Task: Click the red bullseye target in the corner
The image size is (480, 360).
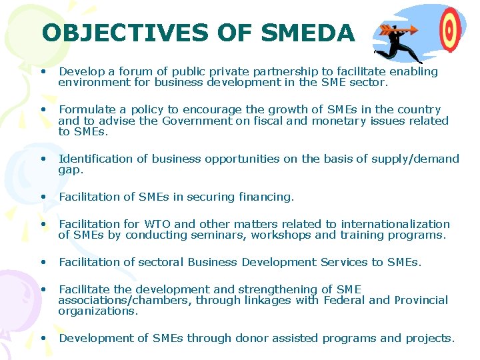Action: pos(451,29)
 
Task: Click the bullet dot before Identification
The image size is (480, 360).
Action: pos(43,159)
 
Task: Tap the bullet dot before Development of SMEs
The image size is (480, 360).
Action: pos(43,337)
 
